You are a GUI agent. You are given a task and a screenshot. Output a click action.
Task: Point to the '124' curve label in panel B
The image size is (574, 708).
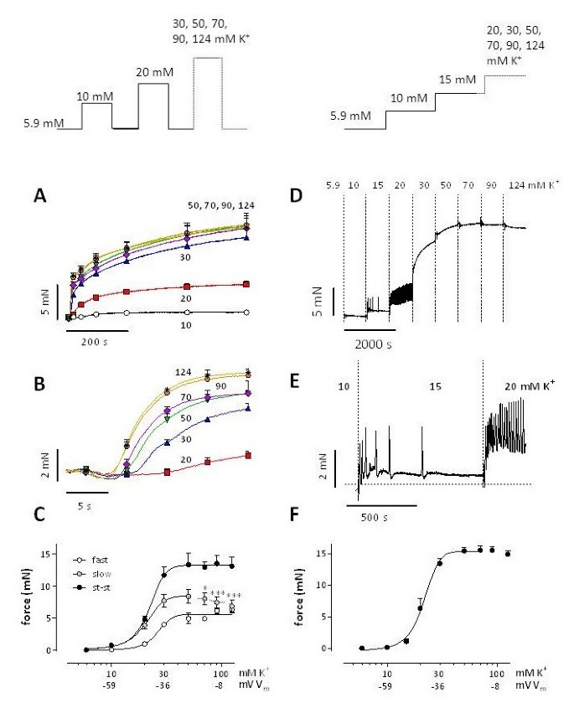[184, 372]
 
